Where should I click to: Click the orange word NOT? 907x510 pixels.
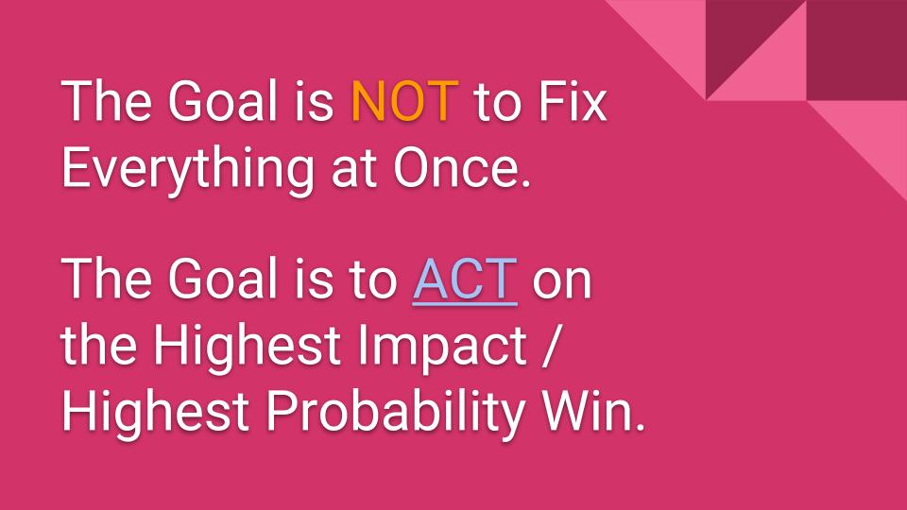pyautogui.click(x=405, y=101)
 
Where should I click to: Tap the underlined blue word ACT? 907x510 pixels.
pyautogui.click(x=465, y=280)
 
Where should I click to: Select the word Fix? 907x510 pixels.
pyautogui.click(x=573, y=101)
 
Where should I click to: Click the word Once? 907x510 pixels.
pyautogui.click(x=462, y=168)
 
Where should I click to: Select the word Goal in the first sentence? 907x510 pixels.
pyautogui.click(x=222, y=101)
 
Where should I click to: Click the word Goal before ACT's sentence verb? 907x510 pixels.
pyautogui.click(x=222, y=279)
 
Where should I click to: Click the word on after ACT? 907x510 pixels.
pyautogui.click(x=561, y=282)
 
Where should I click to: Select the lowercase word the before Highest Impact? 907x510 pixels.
pyautogui.click(x=99, y=347)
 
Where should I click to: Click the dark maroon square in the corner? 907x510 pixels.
pyautogui.click(x=857, y=50)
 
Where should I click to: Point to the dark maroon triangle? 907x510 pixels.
pyautogui.click(x=739, y=34)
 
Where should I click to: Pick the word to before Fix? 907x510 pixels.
pyautogui.click(x=498, y=103)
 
